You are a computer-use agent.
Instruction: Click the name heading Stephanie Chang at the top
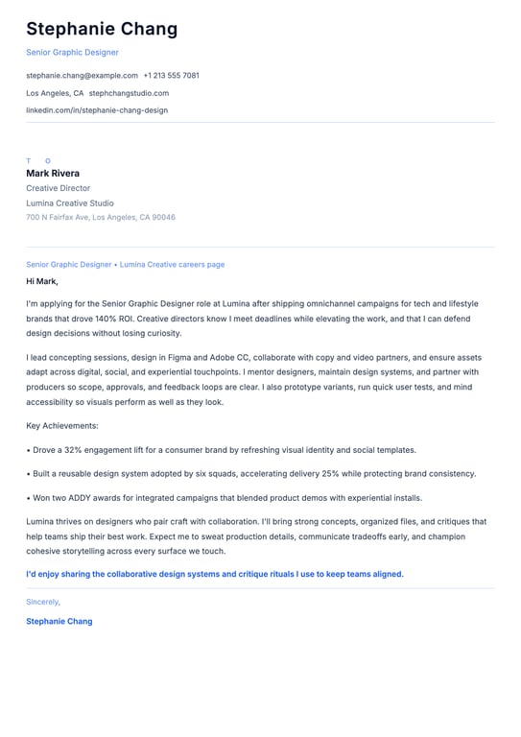[x=102, y=29]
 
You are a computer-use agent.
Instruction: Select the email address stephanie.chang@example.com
[x=82, y=75]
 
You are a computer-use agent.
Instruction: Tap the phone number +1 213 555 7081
[x=172, y=75]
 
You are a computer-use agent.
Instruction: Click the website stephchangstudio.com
[x=129, y=93]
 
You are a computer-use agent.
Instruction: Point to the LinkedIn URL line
[x=97, y=110]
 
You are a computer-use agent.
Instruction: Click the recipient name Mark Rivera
[x=53, y=174]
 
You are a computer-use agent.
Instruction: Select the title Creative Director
[x=58, y=189]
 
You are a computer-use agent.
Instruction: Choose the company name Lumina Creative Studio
[x=70, y=203]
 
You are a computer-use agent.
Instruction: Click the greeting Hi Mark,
[x=42, y=281]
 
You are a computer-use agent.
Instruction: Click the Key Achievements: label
[x=62, y=425]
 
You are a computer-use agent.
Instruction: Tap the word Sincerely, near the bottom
[x=43, y=602]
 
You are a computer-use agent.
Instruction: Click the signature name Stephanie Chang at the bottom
[x=59, y=622]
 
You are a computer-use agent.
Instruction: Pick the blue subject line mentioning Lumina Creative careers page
[x=126, y=264]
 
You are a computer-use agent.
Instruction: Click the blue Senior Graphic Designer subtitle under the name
[x=72, y=52]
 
